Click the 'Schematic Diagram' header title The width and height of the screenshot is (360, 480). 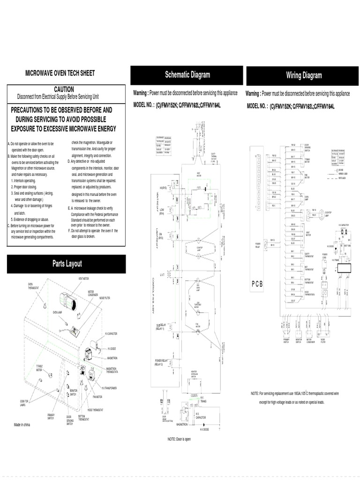[187, 75]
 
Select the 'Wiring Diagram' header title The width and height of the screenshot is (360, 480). [304, 75]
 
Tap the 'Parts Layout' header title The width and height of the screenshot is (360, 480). [67, 264]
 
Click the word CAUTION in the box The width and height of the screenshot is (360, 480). [64, 89]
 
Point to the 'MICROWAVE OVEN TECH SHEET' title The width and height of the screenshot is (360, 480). [60, 73]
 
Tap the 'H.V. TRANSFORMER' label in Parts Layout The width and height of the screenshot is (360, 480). [109, 388]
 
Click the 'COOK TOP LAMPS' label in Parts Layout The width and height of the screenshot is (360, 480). [25, 403]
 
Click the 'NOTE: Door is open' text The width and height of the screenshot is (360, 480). [179, 439]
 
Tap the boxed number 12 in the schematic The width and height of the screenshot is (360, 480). [162, 402]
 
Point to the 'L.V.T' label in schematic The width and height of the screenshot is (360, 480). [162, 275]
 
